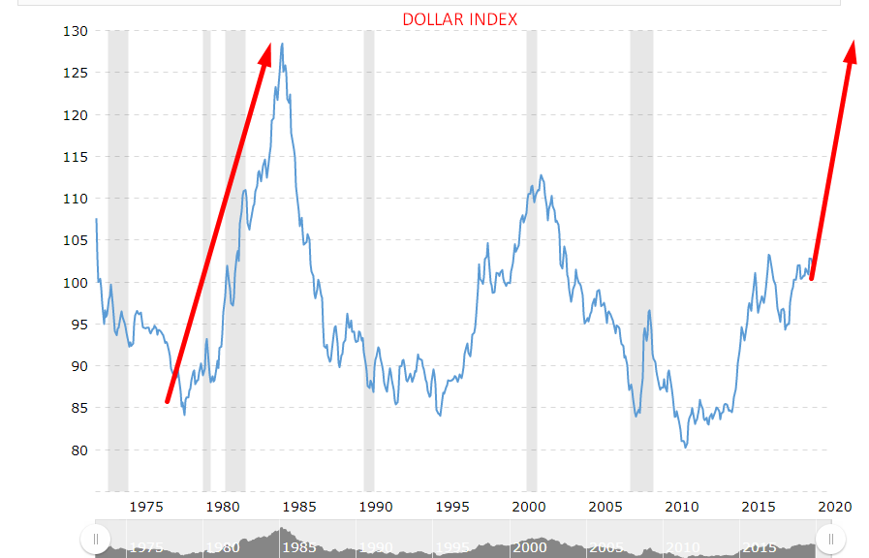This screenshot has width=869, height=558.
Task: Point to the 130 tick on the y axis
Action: point(76,31)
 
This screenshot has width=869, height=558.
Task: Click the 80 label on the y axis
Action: point(79,449)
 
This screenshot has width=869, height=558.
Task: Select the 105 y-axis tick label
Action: point(76,240)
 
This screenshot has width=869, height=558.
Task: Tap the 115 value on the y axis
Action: point(76,157)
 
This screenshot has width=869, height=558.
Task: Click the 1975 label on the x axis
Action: point(145,506)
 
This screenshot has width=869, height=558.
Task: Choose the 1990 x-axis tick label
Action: point(376,506)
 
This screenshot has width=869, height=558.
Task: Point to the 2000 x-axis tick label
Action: point(529,506)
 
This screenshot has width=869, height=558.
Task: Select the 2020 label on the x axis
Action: point(835,506)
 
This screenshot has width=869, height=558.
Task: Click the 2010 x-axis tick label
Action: point(682,506)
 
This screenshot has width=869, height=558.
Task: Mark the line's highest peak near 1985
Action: point(282,44)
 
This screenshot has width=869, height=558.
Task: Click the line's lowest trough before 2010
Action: point(685,447)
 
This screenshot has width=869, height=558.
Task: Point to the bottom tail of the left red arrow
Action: point(168,400)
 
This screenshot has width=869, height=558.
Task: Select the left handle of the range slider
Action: point(95,539)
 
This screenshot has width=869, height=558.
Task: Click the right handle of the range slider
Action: point(831,539)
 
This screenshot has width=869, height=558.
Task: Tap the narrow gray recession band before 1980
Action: point(206,262)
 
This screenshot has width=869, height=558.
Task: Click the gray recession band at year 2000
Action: point(532,262)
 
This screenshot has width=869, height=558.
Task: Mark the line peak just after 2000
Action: point(541,175)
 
